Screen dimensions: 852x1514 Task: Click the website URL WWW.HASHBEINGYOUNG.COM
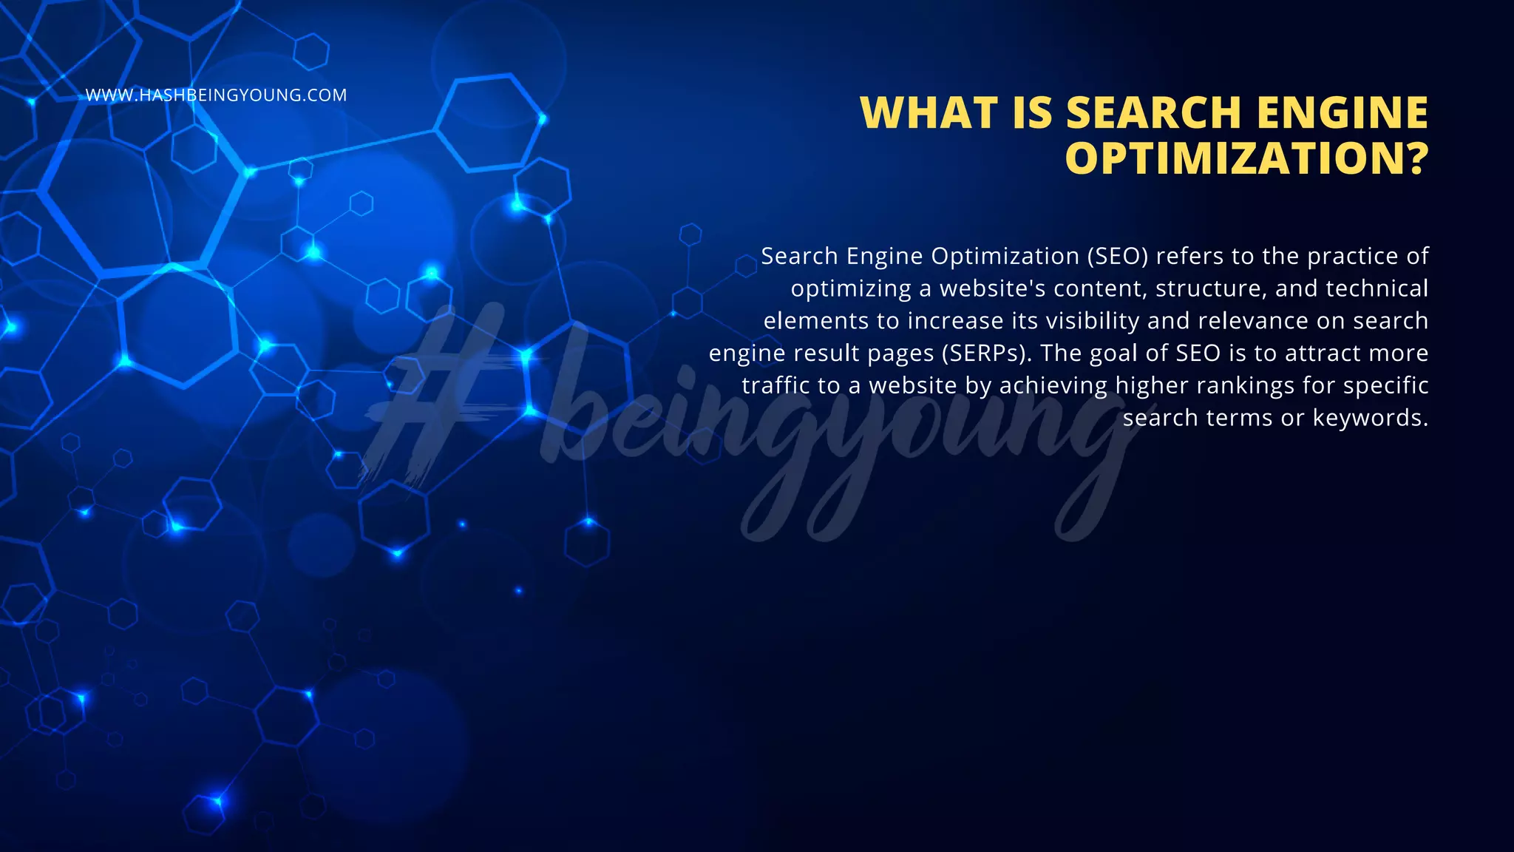coord(216,95)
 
